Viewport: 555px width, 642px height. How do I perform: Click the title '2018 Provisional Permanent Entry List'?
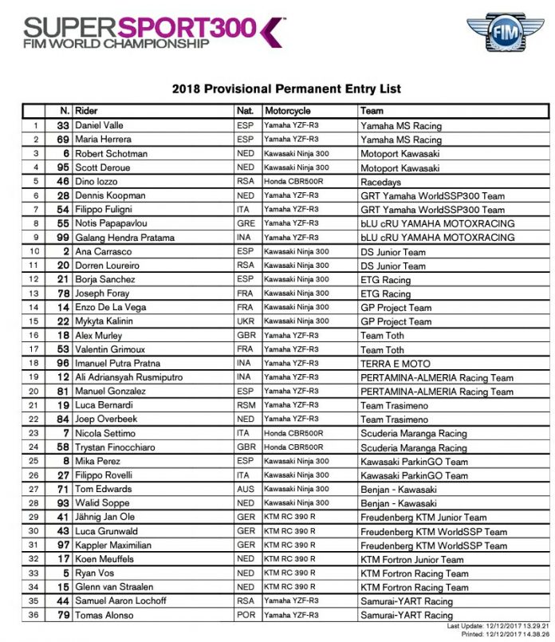point(286,89)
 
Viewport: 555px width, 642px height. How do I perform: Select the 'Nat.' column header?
point(245,111)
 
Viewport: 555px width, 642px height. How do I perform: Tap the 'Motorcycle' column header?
point(288,111)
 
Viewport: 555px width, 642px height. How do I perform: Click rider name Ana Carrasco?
point(104,251)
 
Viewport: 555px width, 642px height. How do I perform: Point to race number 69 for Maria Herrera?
point(62,140)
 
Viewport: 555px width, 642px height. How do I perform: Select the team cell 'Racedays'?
point(381,182)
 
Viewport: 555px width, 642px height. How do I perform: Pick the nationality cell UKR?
point(246,321)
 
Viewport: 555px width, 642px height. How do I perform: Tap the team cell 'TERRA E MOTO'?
point(396,364)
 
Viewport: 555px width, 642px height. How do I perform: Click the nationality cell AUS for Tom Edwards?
point(246,489)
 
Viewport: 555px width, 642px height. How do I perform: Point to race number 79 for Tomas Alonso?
point(62,615)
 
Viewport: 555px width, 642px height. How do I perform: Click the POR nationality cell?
point(246,615)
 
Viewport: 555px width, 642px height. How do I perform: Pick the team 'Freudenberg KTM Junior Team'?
point(423,518)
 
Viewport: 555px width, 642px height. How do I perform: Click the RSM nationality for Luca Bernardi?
point(246,405)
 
